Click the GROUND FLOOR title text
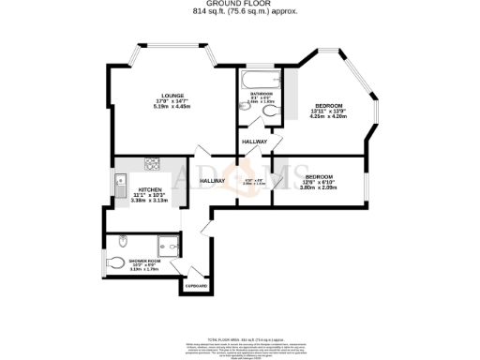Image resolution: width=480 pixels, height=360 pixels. tap(239, 5)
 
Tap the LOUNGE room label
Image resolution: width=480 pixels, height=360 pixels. tap(172, 95)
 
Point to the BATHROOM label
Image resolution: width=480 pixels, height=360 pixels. tap(262, 94)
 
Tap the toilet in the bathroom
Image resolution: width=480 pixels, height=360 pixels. tap(270, 112)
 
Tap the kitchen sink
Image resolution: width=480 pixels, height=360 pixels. tap(120, 181)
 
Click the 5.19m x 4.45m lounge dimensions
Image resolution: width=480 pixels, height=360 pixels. tap(172, 106)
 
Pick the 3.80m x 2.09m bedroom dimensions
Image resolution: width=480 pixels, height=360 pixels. tap(319, 187)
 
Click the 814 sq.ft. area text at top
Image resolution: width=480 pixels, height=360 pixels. tap(239, 13)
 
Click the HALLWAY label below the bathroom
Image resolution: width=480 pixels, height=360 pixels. tap(254, 142)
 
